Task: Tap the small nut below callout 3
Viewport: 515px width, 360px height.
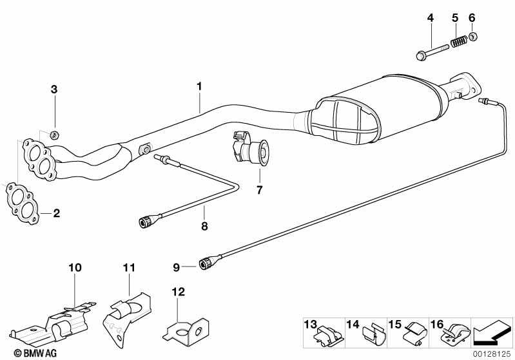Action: click(55, 135)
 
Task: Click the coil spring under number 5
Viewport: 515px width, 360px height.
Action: click(458, 43)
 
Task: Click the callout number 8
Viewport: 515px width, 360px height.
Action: click(204, 226)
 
